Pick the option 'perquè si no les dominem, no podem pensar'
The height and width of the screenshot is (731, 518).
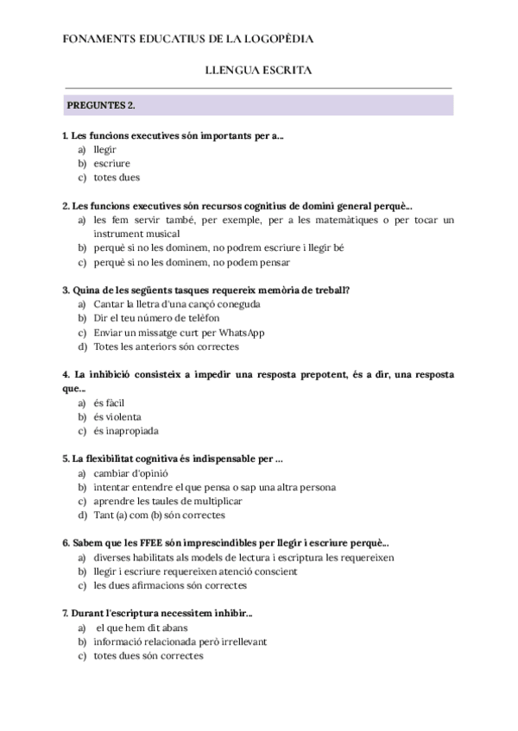click(192, 262)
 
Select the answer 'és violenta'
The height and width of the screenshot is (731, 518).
click(117, 416)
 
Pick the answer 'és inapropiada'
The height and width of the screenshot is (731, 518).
click(126, 431)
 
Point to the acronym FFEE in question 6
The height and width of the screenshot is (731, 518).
click(142, 543)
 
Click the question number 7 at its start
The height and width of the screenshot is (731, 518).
click(66, 613)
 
